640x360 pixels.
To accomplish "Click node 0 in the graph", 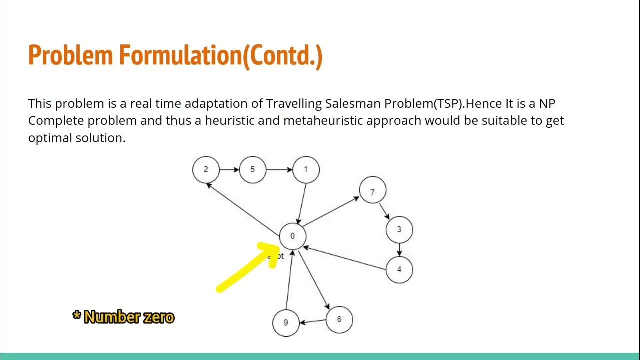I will pos(292,236).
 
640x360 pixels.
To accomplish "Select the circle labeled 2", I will pos(206,169).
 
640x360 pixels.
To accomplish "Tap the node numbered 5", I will pos(252,169).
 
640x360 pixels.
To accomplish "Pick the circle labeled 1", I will pos(306,169).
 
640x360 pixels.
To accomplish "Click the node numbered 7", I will pos(372,192).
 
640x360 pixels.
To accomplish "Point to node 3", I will pos(399,229).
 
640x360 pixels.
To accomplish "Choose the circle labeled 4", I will pos(399,269).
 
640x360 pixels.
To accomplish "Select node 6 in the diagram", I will pos(339,319).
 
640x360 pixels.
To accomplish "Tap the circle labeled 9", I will pos(286,322).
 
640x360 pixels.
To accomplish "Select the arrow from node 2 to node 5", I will pos(229,170).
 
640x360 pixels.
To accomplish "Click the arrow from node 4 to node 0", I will pos(345,258).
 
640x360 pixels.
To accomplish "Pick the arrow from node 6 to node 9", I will pos(313,321).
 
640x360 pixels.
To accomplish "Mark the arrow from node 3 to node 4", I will pos(399,249).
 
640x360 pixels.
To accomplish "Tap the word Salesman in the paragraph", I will pos(353,104).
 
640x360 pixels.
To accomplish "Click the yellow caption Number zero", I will pos(129,317).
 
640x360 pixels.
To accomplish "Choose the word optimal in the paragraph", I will pos(50,138).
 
